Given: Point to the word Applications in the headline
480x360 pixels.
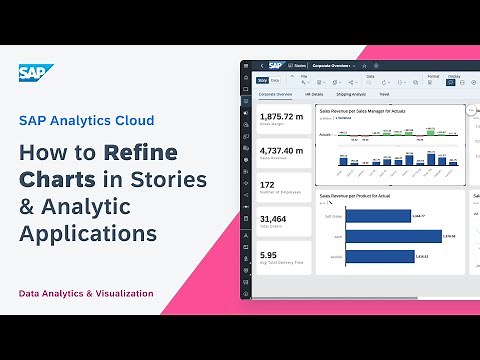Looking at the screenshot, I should click(88, 233).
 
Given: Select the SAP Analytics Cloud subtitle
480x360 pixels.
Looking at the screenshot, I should click(87, 120).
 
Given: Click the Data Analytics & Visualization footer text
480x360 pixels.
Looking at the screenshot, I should click(86, 293).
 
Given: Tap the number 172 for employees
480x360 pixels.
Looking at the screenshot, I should click(268, 185).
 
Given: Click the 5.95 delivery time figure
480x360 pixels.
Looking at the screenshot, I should click(269, 254).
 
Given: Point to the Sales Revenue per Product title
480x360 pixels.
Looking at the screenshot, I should click(361, 197).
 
